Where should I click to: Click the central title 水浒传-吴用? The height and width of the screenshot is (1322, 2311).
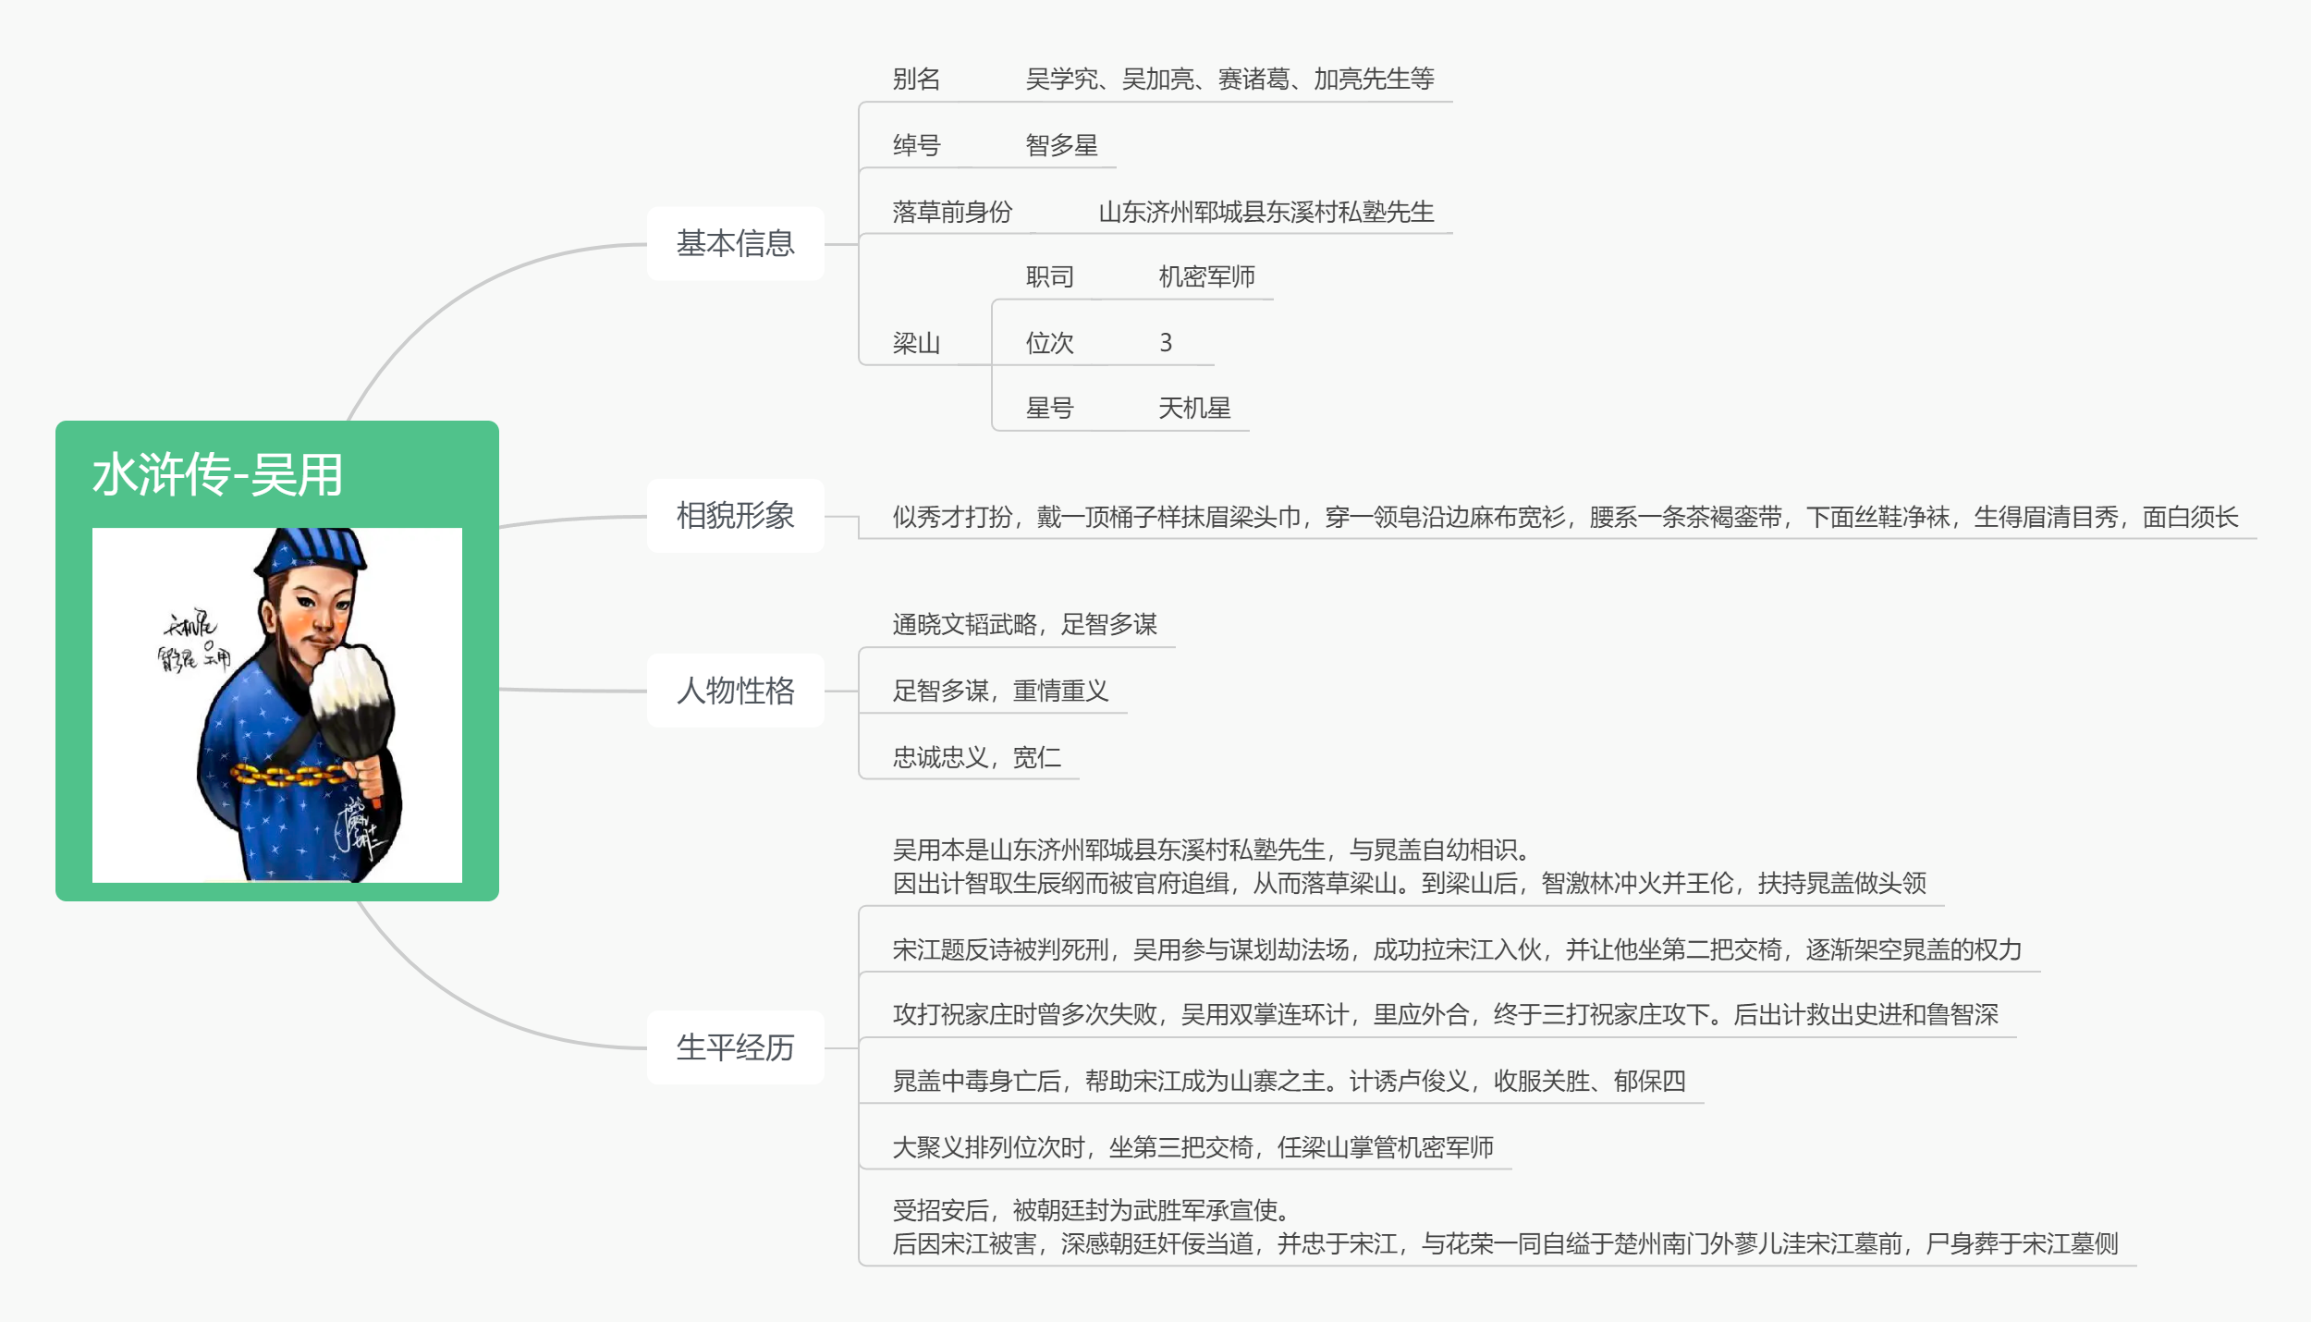(x=217, y=475)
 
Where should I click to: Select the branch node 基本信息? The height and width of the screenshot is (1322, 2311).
(x=736, y=244)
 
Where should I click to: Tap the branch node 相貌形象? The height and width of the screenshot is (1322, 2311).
(x=736, y=516)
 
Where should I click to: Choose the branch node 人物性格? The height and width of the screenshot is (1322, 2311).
(x=736, y=691)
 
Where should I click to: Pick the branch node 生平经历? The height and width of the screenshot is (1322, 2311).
(x=736, y=1047)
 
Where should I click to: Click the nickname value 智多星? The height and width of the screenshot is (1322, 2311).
(x=1062, y=145)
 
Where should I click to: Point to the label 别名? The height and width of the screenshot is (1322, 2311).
(x=916, y=79)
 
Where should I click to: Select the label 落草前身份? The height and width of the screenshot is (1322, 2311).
(x=952, y=212)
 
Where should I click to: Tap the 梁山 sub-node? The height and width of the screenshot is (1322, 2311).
(x=916, y=343)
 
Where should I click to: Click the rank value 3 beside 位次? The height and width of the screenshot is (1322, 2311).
(x=1166, y=343)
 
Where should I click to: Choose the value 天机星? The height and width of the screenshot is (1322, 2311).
(x=1194, y=408)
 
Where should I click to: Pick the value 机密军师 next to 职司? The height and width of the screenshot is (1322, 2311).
(x=1206, y=276)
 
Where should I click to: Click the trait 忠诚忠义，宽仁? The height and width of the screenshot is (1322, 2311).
(x=976, y=757)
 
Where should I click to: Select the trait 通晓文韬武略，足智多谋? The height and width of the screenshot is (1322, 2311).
(x=1024, y=624)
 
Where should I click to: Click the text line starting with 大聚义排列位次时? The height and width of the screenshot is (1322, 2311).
(x=1192, y=1147)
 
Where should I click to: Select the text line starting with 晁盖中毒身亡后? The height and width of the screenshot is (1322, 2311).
(x=1289, y=1081)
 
